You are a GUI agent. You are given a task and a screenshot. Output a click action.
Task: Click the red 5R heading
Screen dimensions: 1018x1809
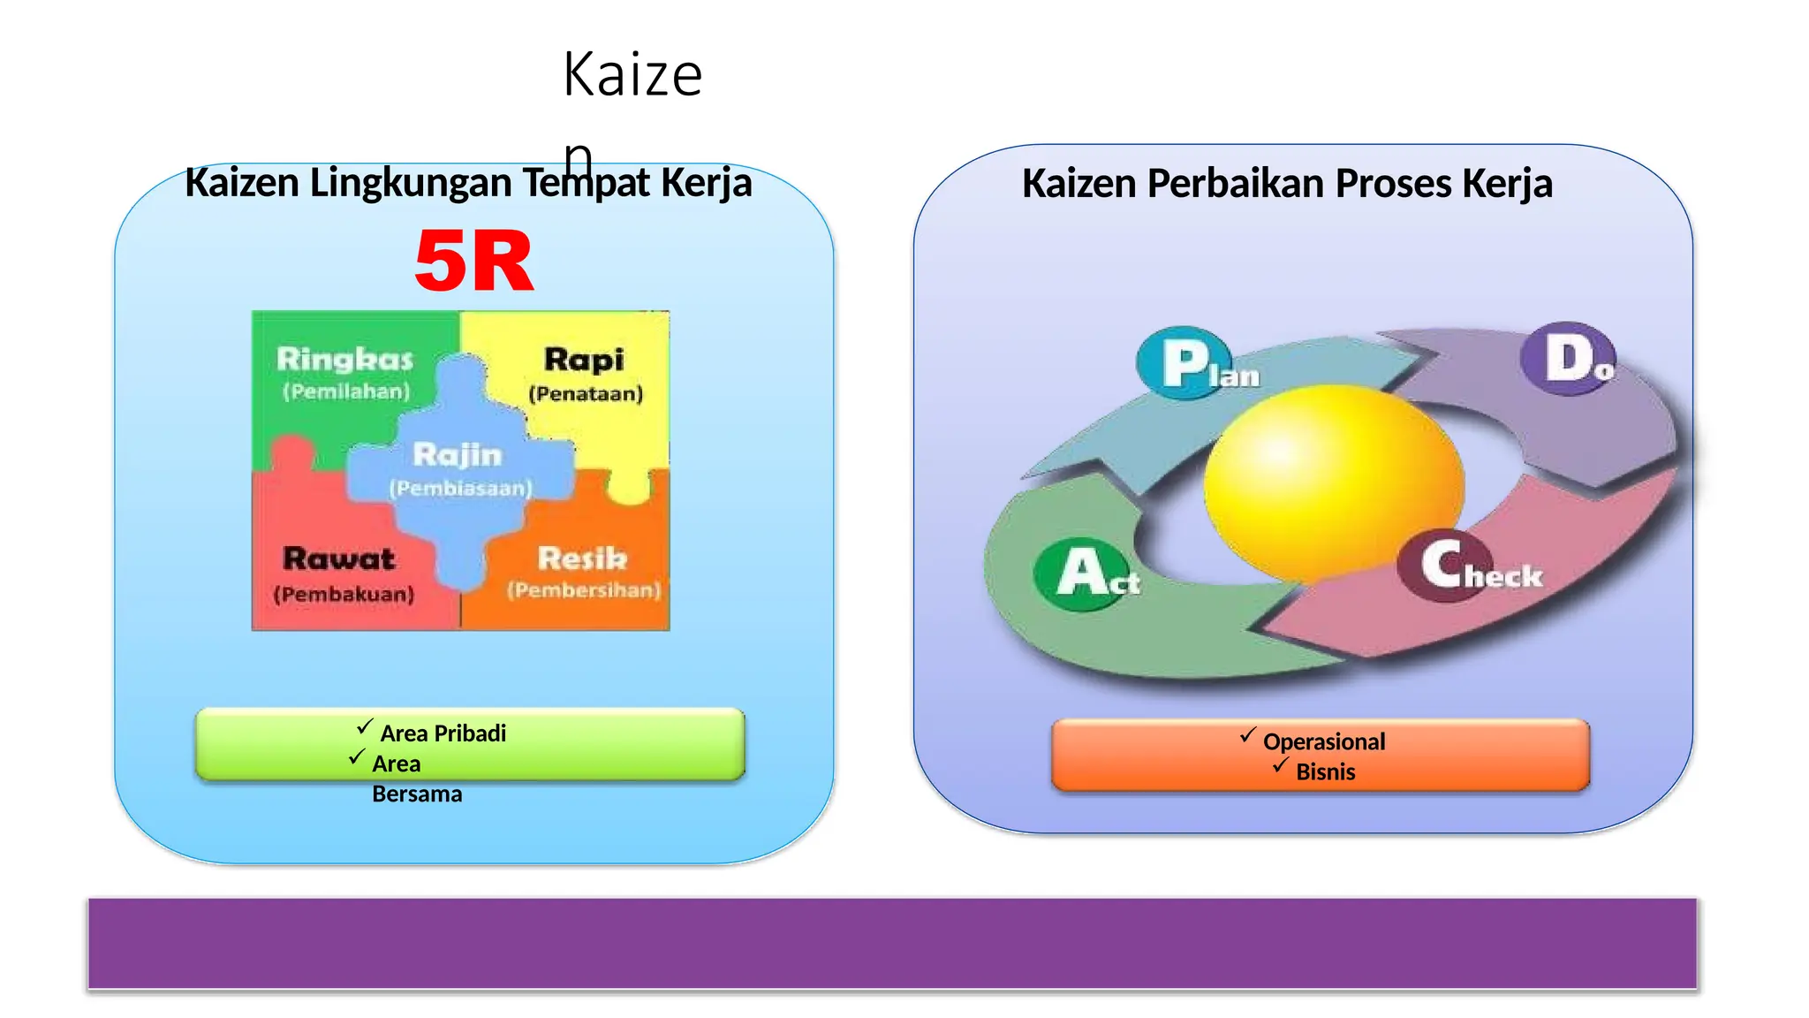[474, 262]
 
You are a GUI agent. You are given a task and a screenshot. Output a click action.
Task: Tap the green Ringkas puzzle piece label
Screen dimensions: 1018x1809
[344, 360]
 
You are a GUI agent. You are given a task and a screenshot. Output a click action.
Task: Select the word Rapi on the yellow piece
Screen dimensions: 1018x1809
[584, 360]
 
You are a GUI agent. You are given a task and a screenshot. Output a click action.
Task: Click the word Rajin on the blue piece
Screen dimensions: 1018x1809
[458, 455]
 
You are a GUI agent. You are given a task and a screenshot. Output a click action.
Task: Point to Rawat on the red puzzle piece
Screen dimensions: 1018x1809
[339, 558]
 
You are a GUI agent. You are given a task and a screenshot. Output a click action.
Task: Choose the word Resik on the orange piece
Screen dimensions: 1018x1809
[582, 558]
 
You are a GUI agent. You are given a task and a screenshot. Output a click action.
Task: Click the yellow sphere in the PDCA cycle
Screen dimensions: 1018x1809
[1334, 482]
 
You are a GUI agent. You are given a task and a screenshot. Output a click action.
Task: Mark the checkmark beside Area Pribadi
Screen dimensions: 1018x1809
[365, 726]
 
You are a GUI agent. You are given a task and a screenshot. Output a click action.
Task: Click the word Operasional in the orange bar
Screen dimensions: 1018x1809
[1324, 741]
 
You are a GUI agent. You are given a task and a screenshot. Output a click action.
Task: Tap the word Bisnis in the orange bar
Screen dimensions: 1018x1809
[1325, 771]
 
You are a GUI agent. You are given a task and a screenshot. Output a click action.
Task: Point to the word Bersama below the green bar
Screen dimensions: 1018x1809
[417, 794]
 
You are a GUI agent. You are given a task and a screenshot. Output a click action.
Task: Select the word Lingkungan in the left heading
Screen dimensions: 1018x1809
[410, 183]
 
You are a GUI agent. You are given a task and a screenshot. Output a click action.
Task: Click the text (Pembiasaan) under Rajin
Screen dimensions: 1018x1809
[460, 488]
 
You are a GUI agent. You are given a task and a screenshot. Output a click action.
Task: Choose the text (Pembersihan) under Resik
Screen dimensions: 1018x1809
[584, 589]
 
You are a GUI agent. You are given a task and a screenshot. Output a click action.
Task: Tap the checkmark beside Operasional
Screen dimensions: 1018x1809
[1247, 734]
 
